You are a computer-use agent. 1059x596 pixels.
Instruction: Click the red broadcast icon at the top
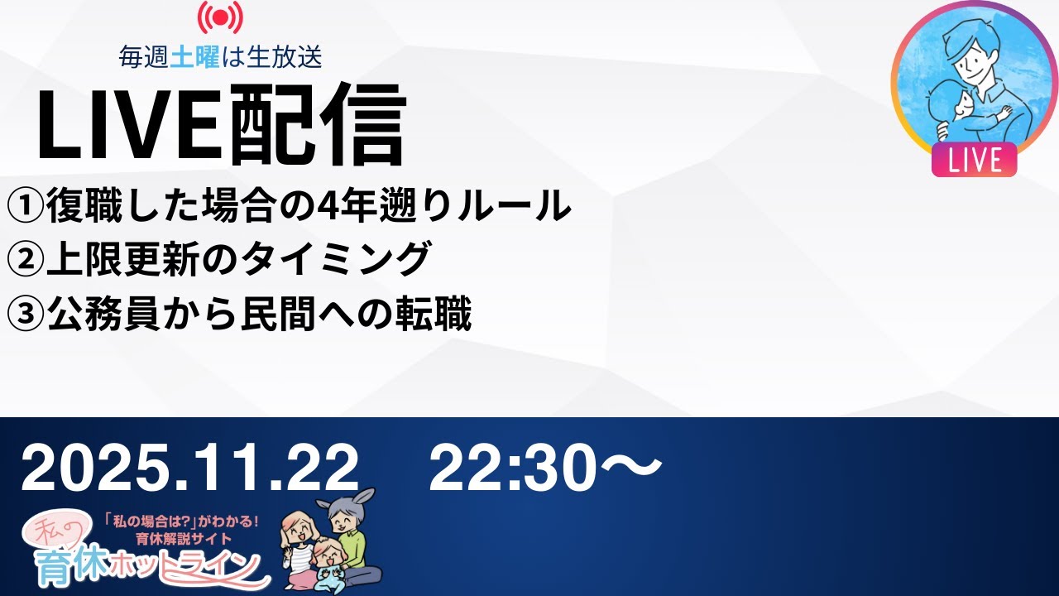pyautogui.click(x=220, y=18)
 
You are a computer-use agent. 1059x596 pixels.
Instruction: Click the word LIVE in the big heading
pyautogui.click(x=125, y=125)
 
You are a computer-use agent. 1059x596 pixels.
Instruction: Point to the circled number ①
pyautogui.click(x=25, y=206)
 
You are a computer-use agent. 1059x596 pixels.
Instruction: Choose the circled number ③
pyautogui.click(x=25, y=315)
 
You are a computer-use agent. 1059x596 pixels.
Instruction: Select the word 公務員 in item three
pyautogui.click(x=93, y=315)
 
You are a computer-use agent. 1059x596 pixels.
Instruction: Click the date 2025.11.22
pyautogui.click(x=190, y=468)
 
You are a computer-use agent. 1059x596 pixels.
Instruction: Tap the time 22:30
pyautogui.click(x=529, y=468)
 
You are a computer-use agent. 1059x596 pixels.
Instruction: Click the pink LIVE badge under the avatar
pyautogui.click(x=974, y=160)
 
